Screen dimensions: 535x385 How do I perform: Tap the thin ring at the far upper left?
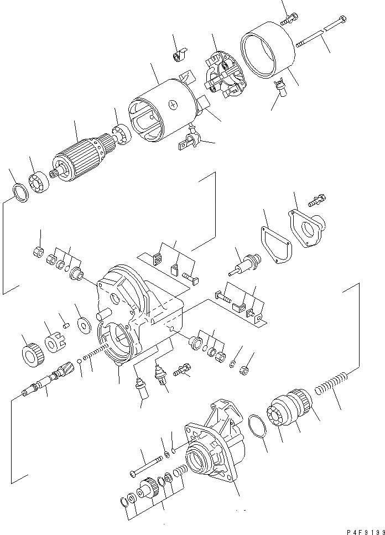(20, 194)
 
